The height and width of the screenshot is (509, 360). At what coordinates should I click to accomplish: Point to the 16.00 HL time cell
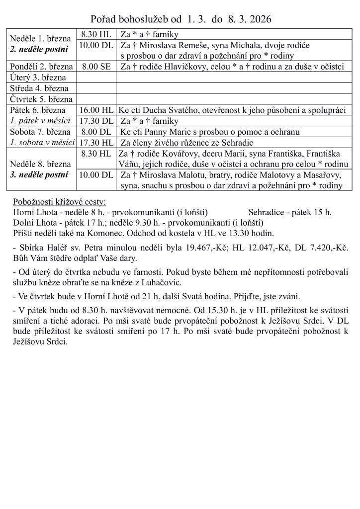point(96,110)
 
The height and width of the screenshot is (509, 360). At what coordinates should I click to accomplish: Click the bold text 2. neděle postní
point(40,50)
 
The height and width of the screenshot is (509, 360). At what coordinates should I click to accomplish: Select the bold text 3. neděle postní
point(40,174)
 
